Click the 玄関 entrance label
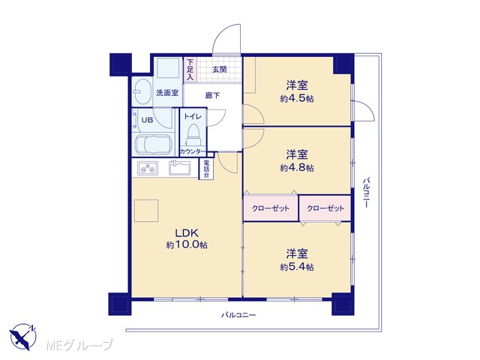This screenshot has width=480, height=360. click(220, 70)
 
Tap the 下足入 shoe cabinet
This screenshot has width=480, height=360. click(190, 70)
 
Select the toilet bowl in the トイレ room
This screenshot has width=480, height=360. click(193, 134)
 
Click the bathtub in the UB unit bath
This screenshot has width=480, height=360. click(153, 145)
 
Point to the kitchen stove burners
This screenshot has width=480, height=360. click(148, 168)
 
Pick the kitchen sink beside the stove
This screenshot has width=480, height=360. click(180, 168)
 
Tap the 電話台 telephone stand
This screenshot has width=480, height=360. click(206, 169)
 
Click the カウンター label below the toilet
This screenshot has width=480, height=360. click(191, 151)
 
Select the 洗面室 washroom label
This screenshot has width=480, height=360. click(167, 92)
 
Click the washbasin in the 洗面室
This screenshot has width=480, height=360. click(142, 91)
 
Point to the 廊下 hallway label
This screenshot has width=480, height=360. click(212, 95)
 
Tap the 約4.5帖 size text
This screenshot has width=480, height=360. click(297, 98)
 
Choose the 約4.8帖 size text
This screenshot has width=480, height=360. click(297, 168)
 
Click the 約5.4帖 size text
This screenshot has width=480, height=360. click(297, 267)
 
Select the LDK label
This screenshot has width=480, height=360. click(187, 233)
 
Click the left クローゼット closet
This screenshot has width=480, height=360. click(271, 208)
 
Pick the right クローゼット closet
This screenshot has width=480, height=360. click(325, 208)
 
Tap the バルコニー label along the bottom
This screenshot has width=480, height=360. click(238, 315)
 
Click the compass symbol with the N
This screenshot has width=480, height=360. click(23, 336)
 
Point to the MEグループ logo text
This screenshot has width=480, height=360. click(79, 345)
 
